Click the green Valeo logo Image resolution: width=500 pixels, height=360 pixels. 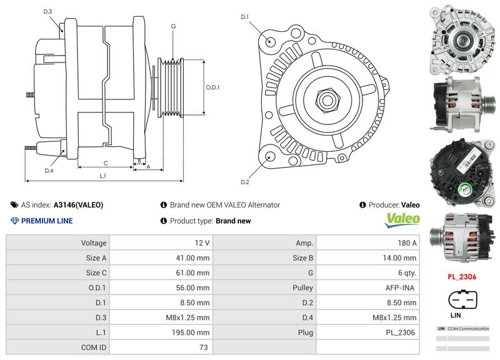(x=402, y=219)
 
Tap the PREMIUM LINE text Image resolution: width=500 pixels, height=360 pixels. (x=47, y=221)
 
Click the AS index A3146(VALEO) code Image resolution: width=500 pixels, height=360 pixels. (x=78, y=204)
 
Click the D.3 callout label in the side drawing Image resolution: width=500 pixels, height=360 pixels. (x=48, y=12)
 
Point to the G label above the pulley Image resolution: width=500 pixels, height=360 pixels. (x=172, y=26)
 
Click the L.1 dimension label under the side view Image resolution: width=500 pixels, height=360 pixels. (x=103, y=176)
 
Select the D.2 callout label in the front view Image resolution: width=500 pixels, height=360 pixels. (x=245, y=182)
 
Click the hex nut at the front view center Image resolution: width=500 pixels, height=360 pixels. (x=325, y=99)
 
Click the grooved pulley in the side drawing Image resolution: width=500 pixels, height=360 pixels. (x=171, y=87)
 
